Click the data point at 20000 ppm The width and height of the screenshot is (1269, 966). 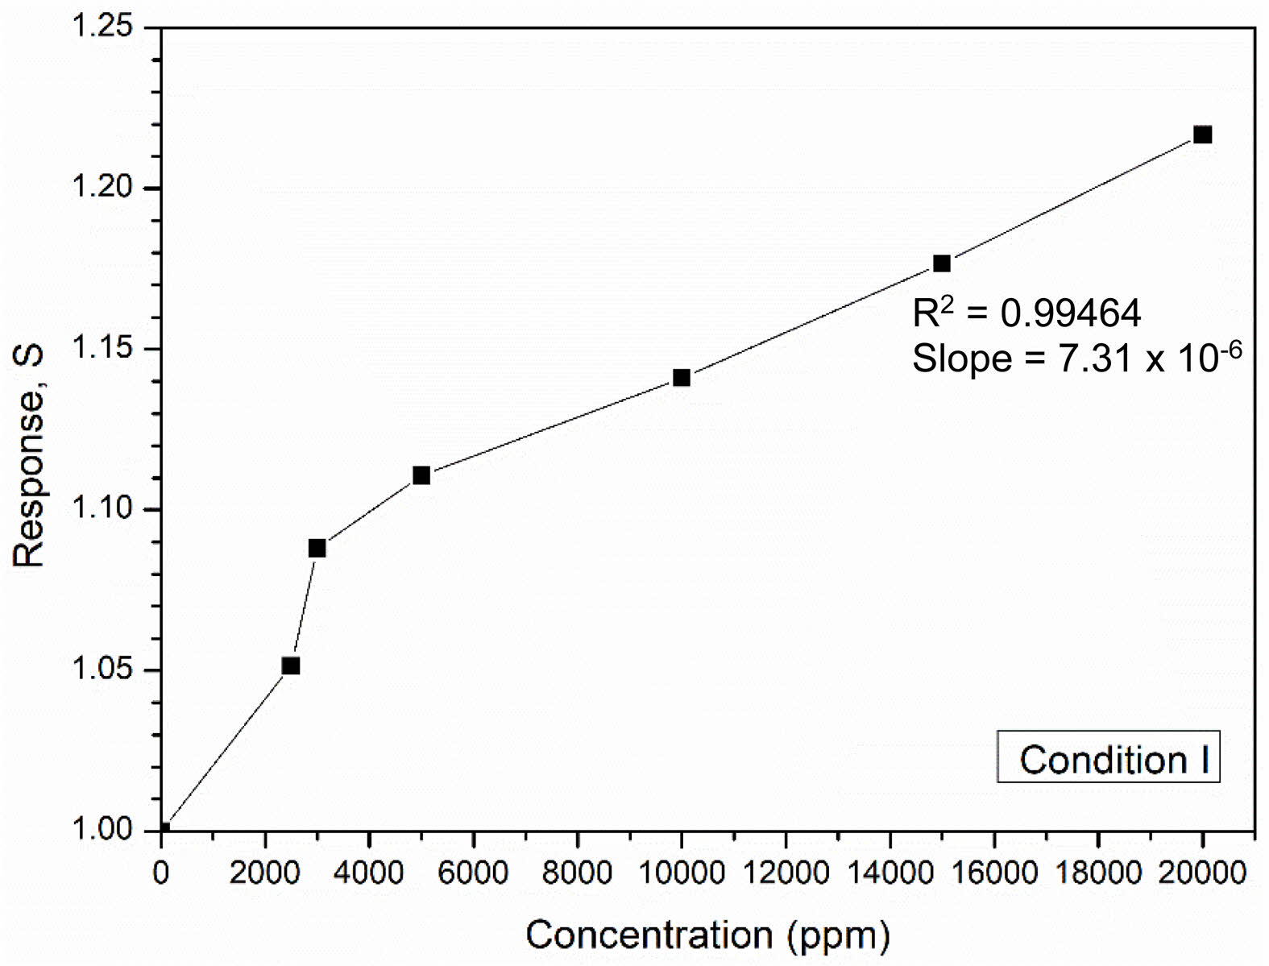[x=1202, y=135]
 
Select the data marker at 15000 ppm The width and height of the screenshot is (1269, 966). [x=942, y=263]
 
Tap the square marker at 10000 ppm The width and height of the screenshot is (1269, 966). [x=682, y=378]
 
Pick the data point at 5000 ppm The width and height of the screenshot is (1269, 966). [x=421, y=475]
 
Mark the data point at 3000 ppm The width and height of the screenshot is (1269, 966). [x=317, y=549]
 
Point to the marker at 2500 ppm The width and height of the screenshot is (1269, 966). [x=291, y=665]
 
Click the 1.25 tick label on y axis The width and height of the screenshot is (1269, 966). [x=102, y=27]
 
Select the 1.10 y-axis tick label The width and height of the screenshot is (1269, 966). [x=102, y=508]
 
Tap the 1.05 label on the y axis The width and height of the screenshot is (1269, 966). [x=102, y=670]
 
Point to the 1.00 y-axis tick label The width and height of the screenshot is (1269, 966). [x=102, y=830]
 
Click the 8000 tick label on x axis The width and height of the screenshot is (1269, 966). [x=577, y=873]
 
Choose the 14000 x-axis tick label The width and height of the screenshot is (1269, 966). [x=890, y=873]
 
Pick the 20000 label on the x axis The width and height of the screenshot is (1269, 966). [x=1201, y=873]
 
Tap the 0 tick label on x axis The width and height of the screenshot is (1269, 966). [x=162, y=873]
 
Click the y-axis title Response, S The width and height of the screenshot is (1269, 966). [x=29, y=458]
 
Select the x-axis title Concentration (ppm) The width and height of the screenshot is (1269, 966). [x=707, y=935]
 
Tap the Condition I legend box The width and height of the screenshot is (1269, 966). [x=1109, y=757]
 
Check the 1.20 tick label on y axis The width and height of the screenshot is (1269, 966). [x=102, y=188]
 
